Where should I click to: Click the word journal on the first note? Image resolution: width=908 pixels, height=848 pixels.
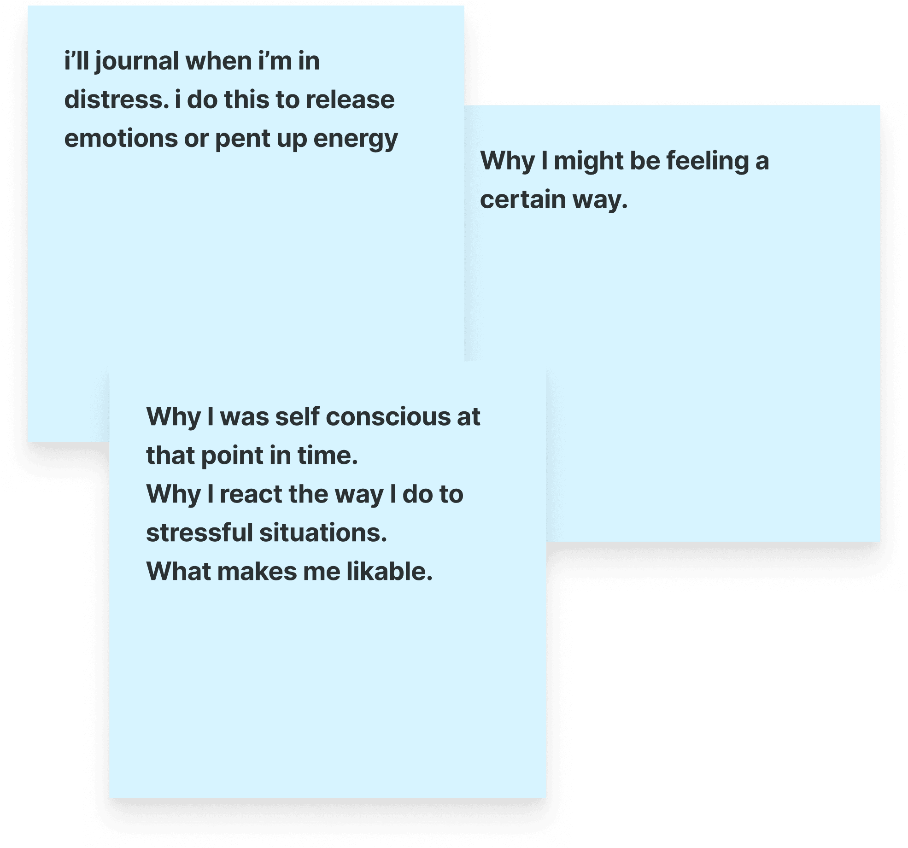point(137,62)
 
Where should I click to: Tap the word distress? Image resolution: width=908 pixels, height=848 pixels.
point(116,100)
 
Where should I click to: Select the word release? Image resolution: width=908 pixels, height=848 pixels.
point(350,100)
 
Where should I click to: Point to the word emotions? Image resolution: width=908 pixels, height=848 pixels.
point(121,139)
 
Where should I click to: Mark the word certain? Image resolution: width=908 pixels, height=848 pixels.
point(523,200)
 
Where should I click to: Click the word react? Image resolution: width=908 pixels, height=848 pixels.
point(251,495)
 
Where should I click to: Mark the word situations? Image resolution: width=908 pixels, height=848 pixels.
point(323,533)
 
